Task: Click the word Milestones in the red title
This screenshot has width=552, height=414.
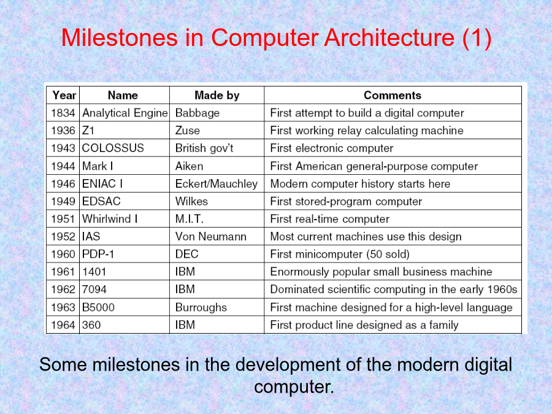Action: pos(120,37)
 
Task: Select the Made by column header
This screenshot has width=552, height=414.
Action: pos(217,95)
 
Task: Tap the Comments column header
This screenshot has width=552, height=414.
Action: pos(393,95)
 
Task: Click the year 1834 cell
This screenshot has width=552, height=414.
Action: pos(63,113)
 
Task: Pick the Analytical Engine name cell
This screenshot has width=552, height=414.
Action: pos(125,113)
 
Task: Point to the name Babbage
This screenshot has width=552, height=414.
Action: pos(197,113)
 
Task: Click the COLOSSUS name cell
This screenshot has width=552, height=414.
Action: pos(113,148)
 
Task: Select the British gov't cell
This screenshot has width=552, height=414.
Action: pos(204,148)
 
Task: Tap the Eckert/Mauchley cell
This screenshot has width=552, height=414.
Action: pos(217,184)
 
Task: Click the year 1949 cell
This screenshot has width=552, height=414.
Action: pos(63,201)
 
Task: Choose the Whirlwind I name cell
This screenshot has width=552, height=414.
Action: pos(110,219)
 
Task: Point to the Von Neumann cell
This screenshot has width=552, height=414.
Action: pos(211,237)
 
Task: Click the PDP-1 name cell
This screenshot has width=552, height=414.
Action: pos(98,254)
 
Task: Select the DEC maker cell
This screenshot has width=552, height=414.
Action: pos(187,254)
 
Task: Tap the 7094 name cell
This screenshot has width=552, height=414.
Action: pos(94,289)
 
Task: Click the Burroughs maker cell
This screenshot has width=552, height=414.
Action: pos(201,308)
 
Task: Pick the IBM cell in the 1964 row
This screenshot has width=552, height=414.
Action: pos(185,325)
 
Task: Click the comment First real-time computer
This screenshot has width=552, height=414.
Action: pos(330,219)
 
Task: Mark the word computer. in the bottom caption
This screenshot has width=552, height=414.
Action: pos(294,387)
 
